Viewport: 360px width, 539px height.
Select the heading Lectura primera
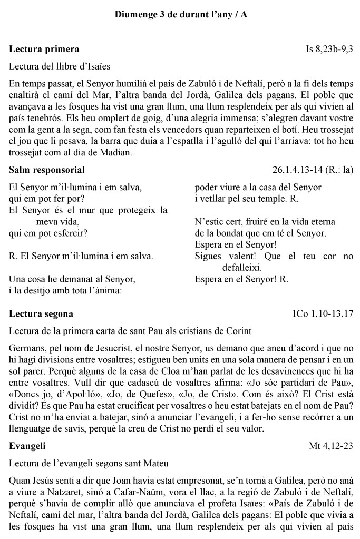click(44, 50)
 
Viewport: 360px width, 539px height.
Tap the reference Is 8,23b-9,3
click(329, 50)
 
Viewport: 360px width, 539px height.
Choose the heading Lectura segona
click(41, 314)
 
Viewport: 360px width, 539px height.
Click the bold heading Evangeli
click(27, 446)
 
